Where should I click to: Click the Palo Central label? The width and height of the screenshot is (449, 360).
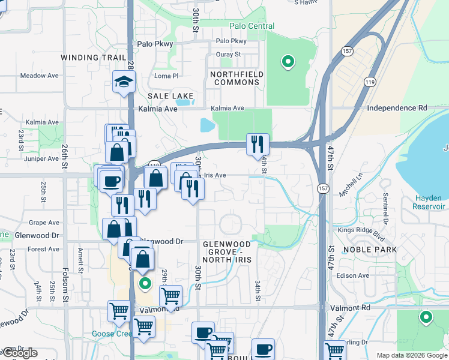click(x=252, y=26)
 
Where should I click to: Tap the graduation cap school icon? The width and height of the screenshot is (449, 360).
click(x=124, y=83)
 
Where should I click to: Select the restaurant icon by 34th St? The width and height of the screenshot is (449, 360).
click(x=258, y=144)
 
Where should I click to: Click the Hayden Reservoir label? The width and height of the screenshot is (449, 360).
click(x=429, y=202)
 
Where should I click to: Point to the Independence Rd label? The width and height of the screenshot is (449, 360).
click(x=397, y=108)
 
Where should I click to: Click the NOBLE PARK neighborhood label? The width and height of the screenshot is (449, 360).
click(x=367, y=249)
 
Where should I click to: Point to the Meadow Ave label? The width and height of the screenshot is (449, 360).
click(x=40, y=76)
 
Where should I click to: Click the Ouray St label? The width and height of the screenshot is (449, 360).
click(x=228, y=54)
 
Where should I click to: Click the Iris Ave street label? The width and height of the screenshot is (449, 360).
click(x=215, y=175)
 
